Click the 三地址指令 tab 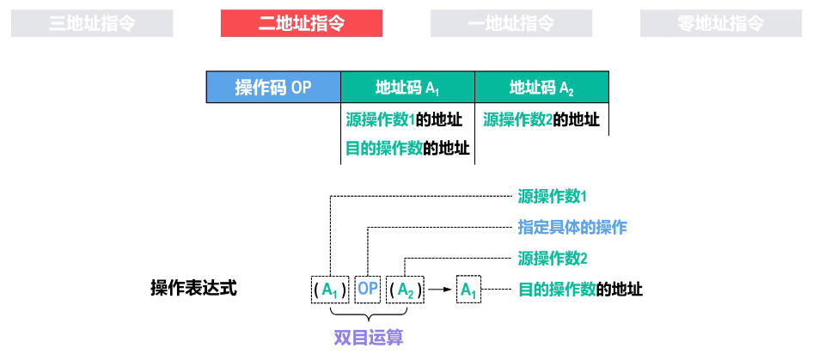coord(92,23)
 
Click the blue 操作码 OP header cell coord(273,88)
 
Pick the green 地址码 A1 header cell coord(408,88)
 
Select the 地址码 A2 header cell coord(541,88)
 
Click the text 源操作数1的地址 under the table coord(404,120)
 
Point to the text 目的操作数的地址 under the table coord(407,148)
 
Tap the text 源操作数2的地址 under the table coord(541,120)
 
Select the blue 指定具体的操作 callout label coord(572,227)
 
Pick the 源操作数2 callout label coord(553,258)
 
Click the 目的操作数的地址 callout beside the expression coord(580,290)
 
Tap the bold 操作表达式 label coord(193,288)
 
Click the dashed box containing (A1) coord(330,290)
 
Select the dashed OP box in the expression coord(368,290)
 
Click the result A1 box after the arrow coord(468,290)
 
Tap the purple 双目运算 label coord(369,336)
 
